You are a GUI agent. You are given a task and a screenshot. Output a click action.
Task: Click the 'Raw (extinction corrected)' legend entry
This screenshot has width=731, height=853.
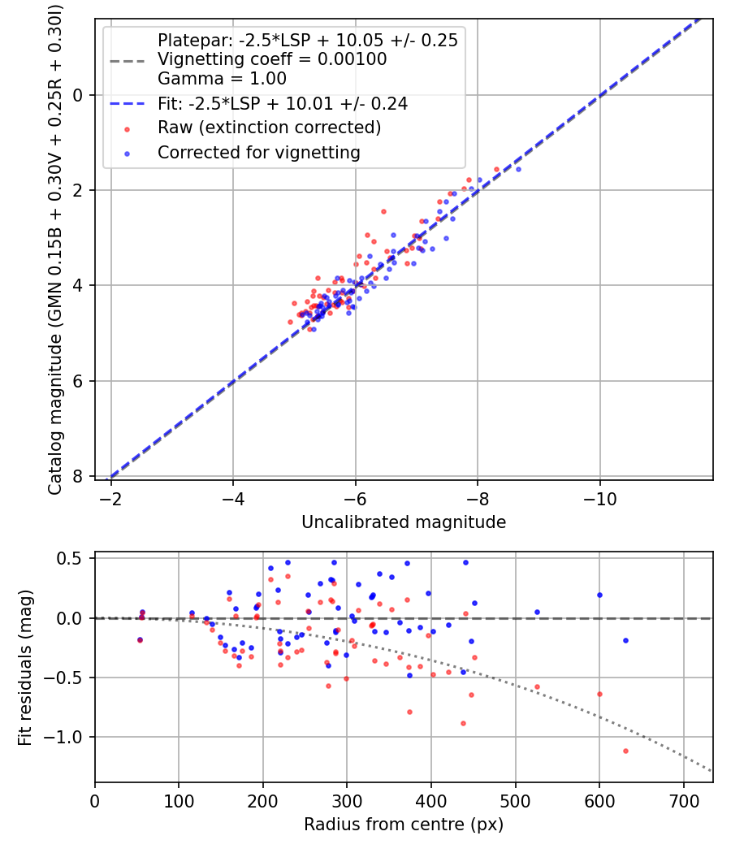click(x=268, y=128)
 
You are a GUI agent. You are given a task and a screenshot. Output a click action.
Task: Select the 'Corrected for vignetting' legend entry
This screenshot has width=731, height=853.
click(x=258, y=152)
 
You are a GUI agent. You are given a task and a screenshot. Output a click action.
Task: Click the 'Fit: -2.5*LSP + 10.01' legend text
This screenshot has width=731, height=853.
click(x=282, y=103)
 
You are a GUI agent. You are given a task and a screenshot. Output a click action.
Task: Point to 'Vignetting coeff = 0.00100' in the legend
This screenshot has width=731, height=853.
click(x=271, y=59)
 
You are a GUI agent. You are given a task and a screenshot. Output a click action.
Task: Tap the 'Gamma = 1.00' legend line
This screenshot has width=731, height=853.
click(x=222, y=79)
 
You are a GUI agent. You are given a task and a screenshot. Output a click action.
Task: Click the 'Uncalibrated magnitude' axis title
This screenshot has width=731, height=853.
click(x=404, y=522)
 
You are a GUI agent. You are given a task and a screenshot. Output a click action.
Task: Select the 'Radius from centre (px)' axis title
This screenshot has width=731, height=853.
click(x=404, y=825)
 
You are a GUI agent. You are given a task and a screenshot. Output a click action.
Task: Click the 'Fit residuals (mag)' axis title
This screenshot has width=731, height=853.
click(x=25, y=667)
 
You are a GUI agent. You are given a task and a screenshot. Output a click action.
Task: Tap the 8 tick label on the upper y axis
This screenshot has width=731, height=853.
click(x=79, y=476)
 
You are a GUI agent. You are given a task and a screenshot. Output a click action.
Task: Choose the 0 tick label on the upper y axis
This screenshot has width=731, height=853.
click(x=79, y=95)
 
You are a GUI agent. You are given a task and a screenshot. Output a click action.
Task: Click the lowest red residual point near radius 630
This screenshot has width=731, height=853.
click(x=625, y=751)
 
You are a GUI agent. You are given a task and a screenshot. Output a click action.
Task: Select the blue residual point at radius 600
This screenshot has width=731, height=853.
click(x=599, y=595)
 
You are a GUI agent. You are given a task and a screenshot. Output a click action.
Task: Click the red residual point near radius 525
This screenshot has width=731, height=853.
click(x=537, y=686)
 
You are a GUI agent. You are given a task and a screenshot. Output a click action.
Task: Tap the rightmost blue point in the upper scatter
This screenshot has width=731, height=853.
click(x=518, y=169)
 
